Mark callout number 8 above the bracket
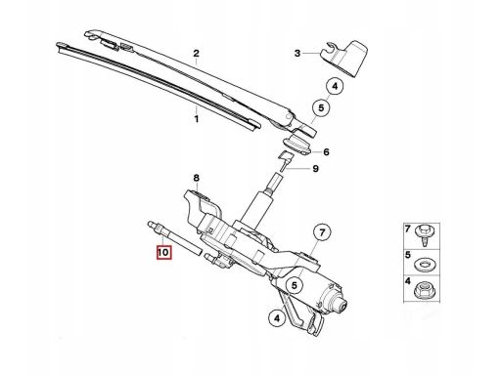(196, 178)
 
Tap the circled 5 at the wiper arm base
(318, 108)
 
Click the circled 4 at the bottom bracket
(277, 317)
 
